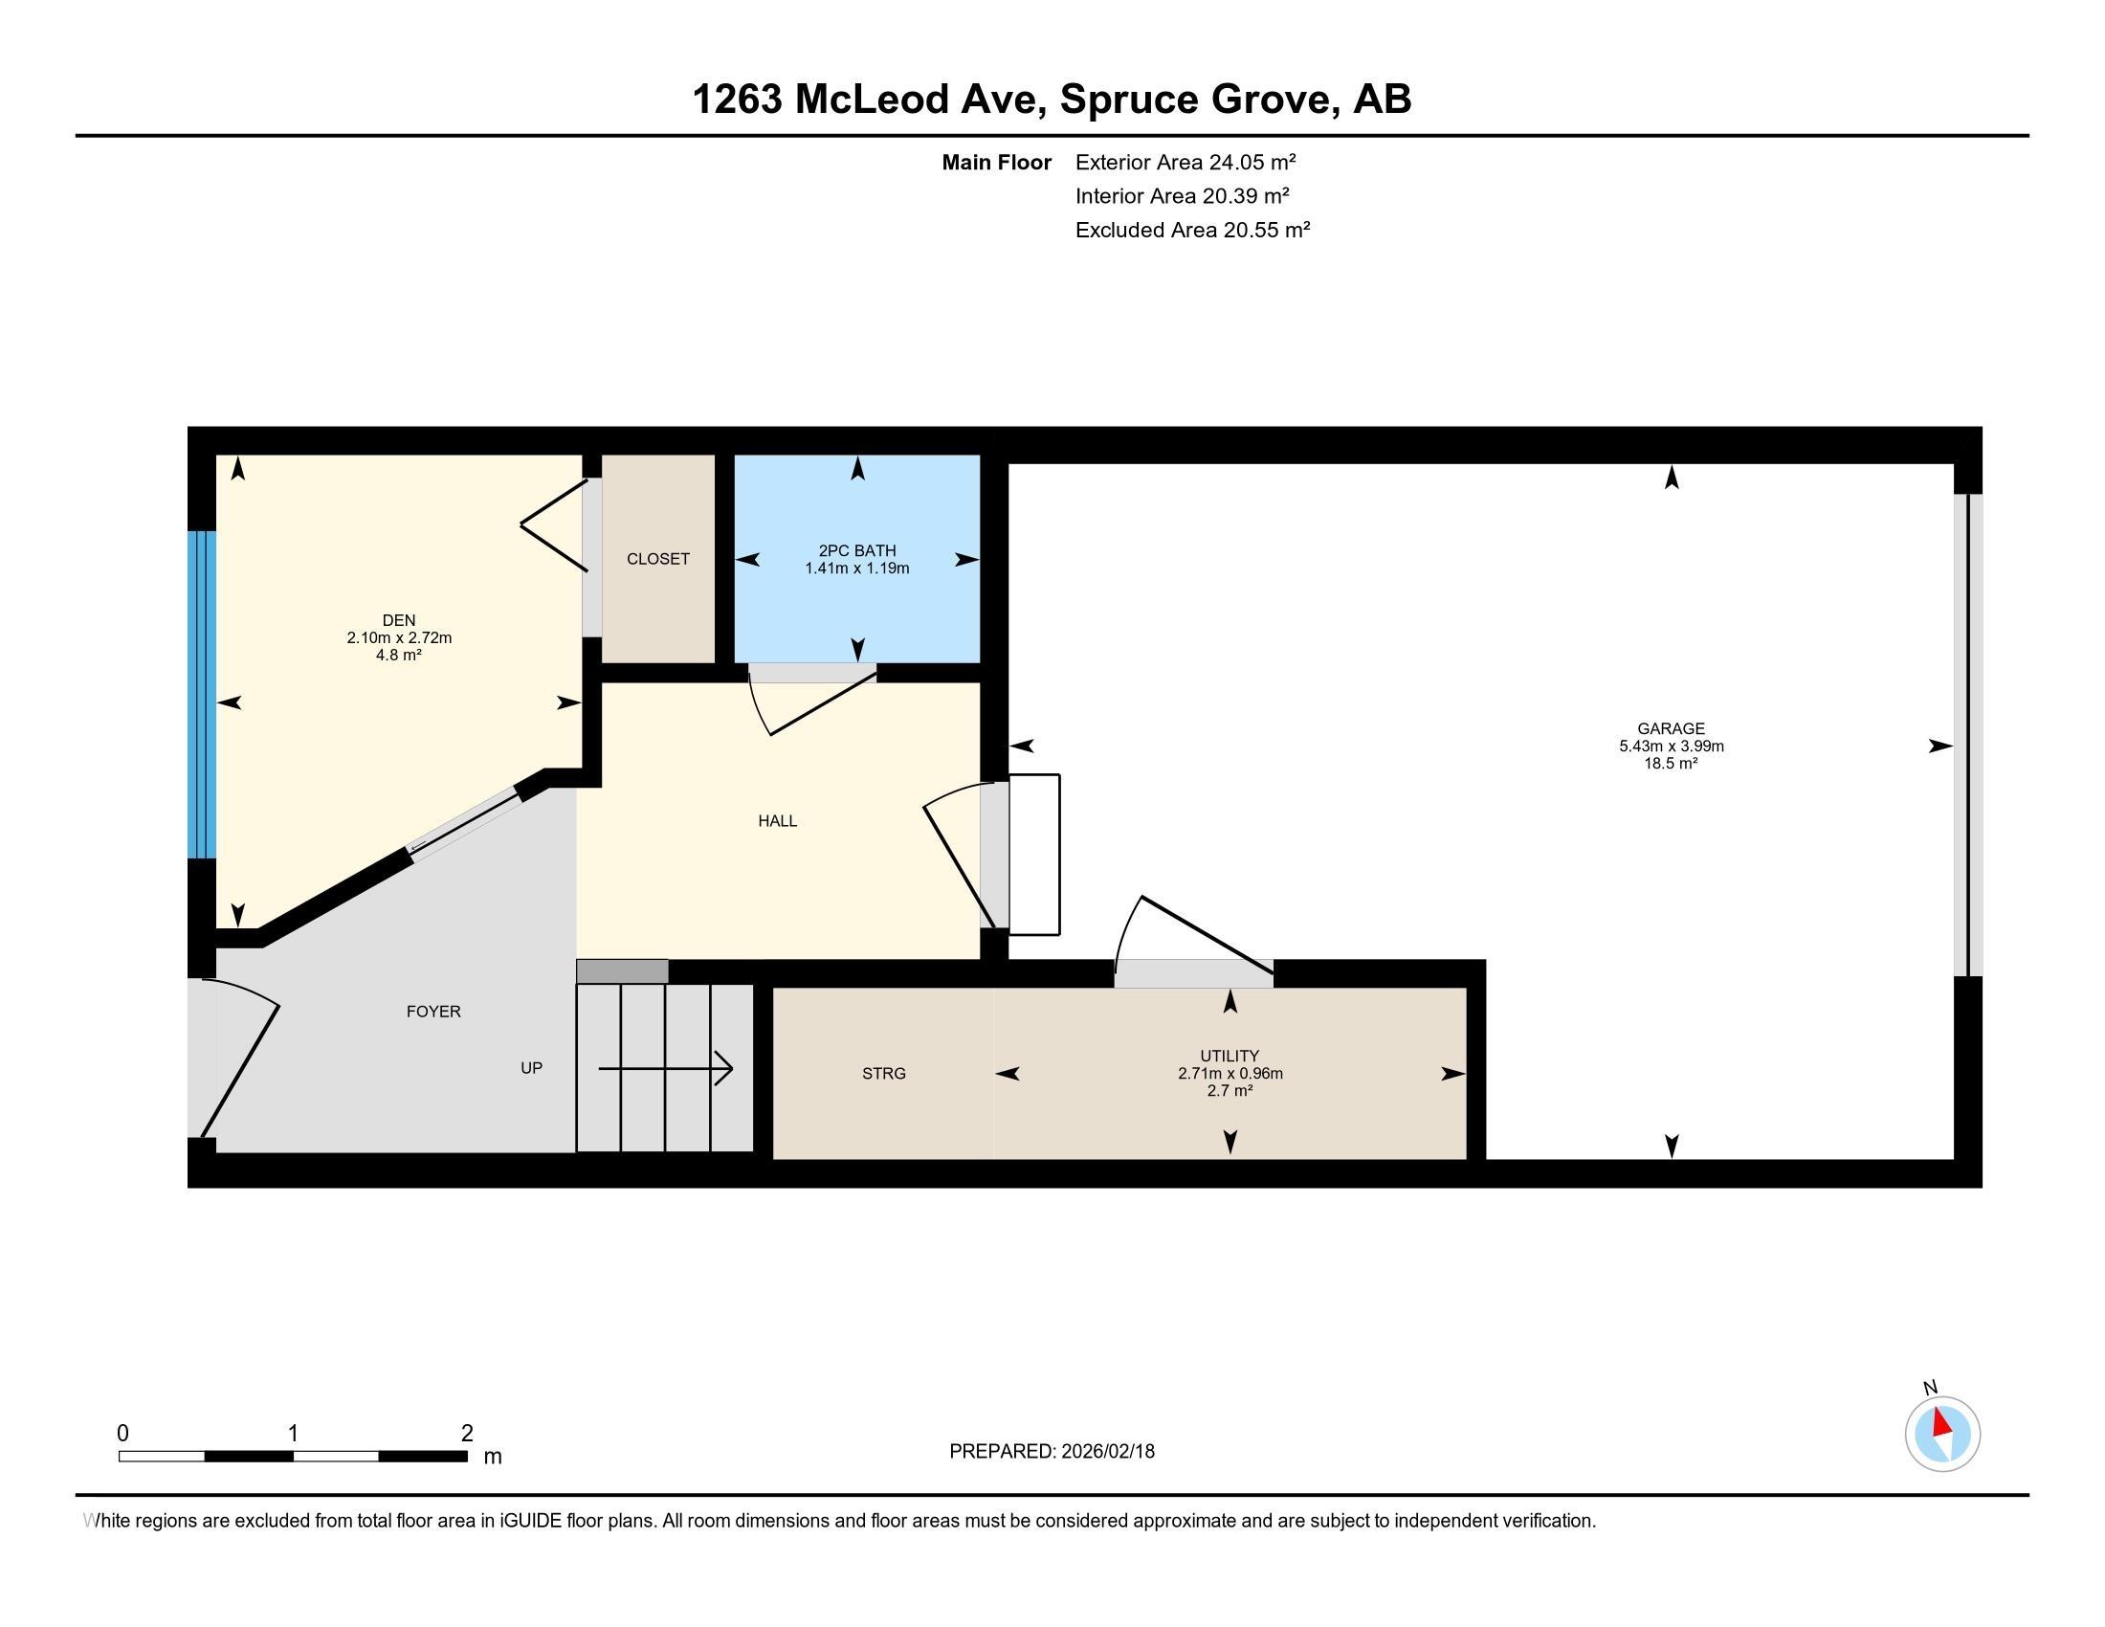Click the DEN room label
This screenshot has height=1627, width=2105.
click(x=398, y=621)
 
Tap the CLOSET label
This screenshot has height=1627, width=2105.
click(x=657, y=559)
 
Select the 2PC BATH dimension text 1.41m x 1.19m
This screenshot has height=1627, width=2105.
click(x=857, y=568)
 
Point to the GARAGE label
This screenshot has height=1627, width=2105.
click(x=1671, y=728)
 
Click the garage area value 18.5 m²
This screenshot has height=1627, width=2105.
click(x=1671, y=764)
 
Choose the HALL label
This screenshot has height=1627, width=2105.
click(x=777, y=821)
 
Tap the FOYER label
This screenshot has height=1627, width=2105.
click(x=432, y=1011)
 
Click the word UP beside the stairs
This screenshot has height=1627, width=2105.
click(x=531, y=1068)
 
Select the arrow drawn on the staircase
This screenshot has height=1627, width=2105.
click(x=665, y=1068)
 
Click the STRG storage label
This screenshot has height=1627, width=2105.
click(x=883, y=1074)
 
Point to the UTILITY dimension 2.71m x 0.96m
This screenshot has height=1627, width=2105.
click(x=1230, y=1074)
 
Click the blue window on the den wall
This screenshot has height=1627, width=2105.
click(x=202, y=694)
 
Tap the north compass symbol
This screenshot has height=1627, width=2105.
click(x=1942, y=1433)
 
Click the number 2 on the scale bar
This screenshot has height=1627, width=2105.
click(x=467, y=1434)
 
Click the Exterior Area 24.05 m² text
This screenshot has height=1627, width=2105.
click(x=1185, y=162)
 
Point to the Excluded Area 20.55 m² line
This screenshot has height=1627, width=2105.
click(x=1192, y=230)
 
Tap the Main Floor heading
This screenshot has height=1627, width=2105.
click(x=996, y=162)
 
